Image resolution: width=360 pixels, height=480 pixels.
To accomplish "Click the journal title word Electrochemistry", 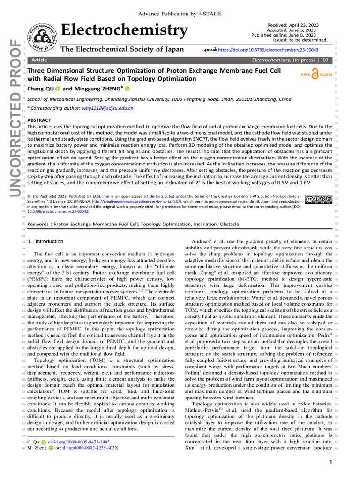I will pyautogui.click(x=124, y=30).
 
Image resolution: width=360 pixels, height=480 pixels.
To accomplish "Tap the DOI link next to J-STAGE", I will pyautogui.click(x=272, y=49).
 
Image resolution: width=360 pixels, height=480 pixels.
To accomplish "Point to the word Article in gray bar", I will pyautogui.click(x=40, y=60).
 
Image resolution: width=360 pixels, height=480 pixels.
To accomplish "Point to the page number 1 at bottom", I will pyautogui.click(x=330, y=463).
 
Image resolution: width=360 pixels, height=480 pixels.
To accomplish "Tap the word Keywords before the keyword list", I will pyautogui.click(x=39, y=225).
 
